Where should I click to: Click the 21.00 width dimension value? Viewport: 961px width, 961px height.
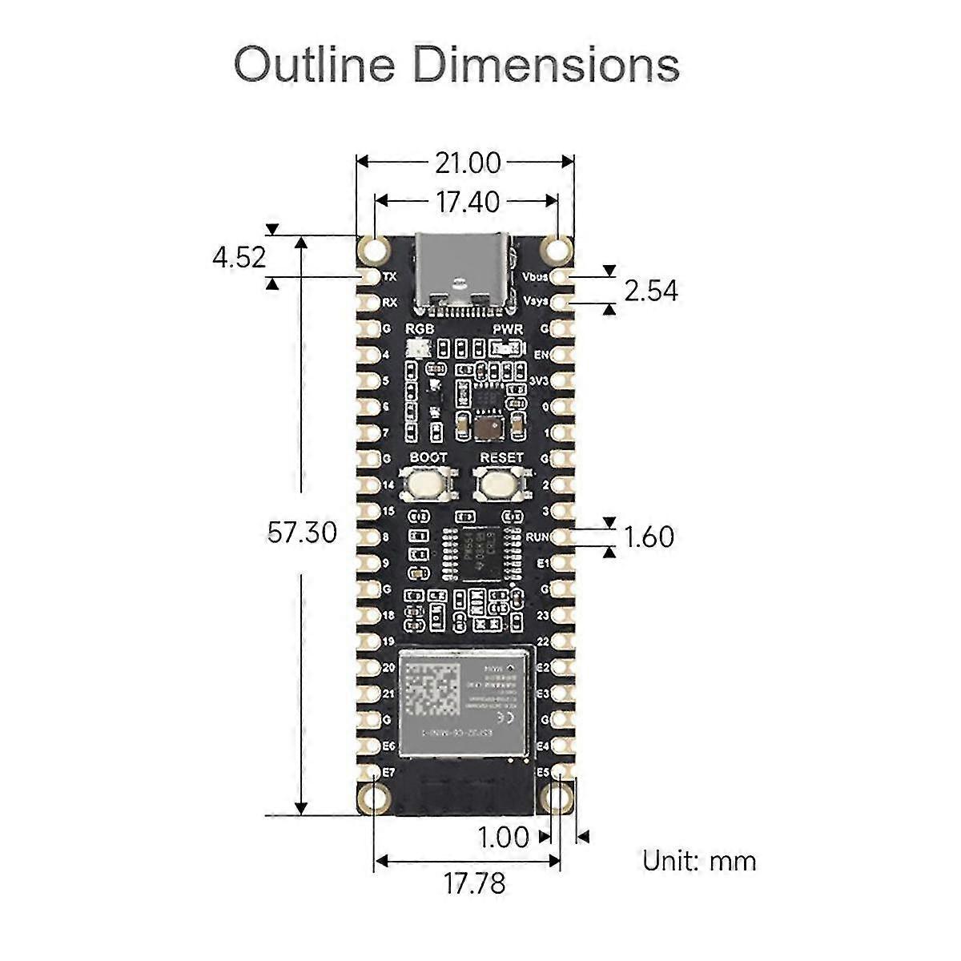point(468,163)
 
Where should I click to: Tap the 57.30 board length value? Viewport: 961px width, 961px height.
point(302,533)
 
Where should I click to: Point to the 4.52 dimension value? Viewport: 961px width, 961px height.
point(239,258)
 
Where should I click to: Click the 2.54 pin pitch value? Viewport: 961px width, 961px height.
point(650,291)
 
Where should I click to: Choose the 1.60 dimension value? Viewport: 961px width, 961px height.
point(649,537)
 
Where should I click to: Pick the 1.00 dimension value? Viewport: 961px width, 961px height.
point(503,838)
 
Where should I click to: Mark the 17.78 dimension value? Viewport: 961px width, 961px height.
point(474,884)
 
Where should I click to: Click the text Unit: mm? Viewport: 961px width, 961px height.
point(699,861)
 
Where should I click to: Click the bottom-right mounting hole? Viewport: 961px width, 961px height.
point(558,798)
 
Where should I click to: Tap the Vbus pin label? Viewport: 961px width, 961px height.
point(534,277)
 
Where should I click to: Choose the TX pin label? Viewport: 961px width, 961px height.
point(390,277)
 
